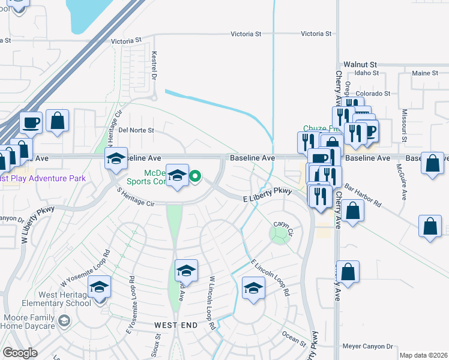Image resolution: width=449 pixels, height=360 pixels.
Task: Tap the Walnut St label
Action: [360, 64]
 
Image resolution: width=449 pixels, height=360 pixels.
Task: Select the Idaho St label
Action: [367, 73]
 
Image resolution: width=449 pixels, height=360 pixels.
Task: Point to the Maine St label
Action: [426, 73]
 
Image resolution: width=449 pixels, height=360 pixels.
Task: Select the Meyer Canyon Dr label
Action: [367, 346]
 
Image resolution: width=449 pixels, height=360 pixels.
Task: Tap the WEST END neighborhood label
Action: [176, 325]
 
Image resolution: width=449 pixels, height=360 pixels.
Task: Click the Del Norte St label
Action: [136, 130]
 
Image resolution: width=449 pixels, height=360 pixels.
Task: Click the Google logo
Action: [20, 352]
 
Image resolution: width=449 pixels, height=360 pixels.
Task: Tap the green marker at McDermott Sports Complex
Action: [195, 176]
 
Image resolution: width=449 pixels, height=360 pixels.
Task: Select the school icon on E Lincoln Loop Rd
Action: [253, 287]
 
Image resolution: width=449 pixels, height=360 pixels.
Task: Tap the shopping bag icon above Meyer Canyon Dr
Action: [348, 271]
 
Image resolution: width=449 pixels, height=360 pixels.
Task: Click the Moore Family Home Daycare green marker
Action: [63, 322]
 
